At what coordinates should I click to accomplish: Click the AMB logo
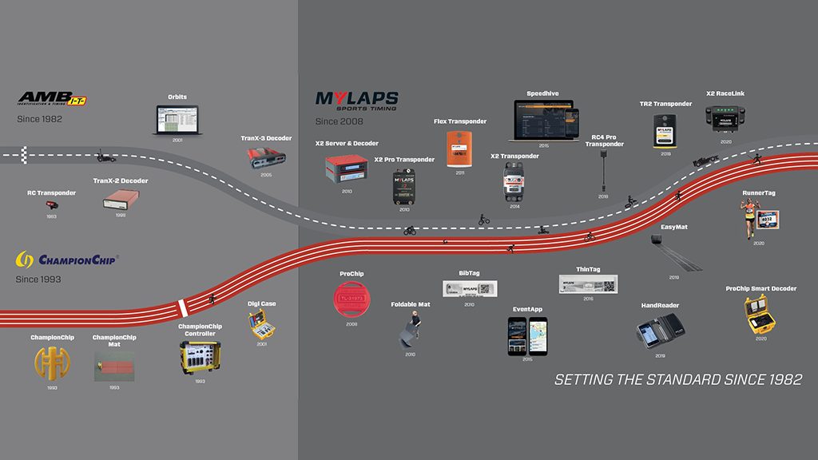(53, 99)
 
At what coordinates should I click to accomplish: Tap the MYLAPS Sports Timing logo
(356, 101)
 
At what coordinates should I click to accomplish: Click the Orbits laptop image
(178, 120)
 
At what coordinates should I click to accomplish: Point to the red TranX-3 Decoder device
(268, 157)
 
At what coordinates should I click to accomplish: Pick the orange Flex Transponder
(461, 149)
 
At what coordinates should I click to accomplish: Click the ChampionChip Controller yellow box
(200, 356)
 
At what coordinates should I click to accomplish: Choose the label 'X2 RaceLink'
(725, 93)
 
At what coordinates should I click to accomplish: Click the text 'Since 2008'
(340, 121)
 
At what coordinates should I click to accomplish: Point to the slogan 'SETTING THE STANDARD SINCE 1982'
(678, 379)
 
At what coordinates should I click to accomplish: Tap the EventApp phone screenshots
(527, 335)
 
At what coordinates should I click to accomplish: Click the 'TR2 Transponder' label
(665, 104)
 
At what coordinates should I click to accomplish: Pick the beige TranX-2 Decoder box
(121, 201)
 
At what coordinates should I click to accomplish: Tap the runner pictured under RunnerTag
(750, 219)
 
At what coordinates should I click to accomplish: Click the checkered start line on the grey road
(24, 153)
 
